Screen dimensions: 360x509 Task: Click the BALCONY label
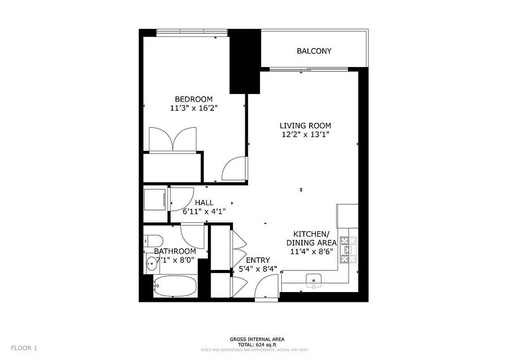click(314, 51)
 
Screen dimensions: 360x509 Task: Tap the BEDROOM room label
click(194, 99)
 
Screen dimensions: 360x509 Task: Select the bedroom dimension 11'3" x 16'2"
click(194, 108)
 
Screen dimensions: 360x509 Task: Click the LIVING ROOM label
click(305, 126)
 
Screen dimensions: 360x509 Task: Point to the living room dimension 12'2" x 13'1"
click(305, 135)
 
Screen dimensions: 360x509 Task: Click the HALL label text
click(204, 203)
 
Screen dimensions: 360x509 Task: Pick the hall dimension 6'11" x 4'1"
click(204, 211)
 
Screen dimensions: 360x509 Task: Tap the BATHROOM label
click(175, 251)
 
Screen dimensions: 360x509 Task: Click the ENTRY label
click(258, 260)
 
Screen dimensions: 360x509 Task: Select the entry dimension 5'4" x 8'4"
click(258, 269)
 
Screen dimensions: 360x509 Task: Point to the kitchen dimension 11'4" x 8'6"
click(311, 252)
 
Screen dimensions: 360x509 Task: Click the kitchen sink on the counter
click(313, 280)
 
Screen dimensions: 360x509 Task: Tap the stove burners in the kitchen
click(348, 250)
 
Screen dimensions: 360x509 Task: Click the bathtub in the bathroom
click(175, 286)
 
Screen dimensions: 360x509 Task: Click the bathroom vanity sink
click(152, 264)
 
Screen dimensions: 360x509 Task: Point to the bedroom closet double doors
click(173, 140)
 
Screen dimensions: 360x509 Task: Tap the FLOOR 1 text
click(24, 348)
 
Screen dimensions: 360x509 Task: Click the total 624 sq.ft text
click(257, 344)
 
